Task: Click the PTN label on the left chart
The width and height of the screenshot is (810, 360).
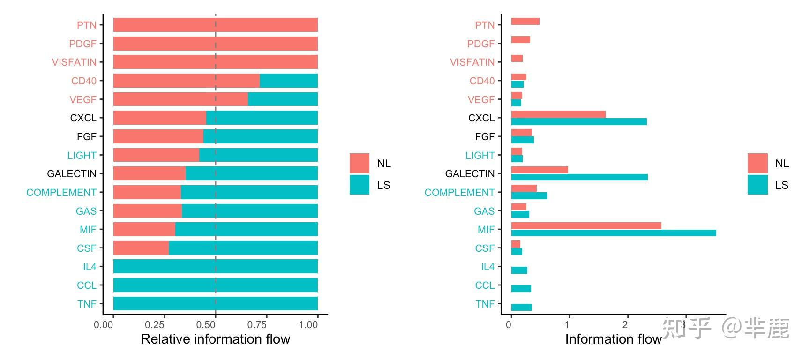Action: (x=86, y=25)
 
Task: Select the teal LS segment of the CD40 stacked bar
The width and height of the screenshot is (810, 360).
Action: (x=288, y=81)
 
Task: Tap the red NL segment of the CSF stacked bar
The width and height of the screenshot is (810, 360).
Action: (x=141, y=248)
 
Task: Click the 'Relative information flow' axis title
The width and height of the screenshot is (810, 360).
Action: (x=215, y=339)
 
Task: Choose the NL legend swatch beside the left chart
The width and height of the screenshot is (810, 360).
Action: (x=360, y=163)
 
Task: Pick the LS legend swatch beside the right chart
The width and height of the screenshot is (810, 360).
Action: (x=757, y=185)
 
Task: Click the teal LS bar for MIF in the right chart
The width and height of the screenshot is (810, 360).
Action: (x=613, y=233)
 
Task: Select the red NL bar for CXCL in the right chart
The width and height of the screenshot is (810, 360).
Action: (x=558, y=114)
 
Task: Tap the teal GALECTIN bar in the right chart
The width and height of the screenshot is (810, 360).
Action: (x=579, y=177)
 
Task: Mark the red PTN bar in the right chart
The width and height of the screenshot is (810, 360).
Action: (x=525, y=21)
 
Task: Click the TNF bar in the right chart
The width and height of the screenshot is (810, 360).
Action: (x=521, y=307)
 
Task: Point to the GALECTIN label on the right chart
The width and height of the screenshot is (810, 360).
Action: (x=470, y=174)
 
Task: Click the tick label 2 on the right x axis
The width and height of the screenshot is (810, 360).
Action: (x=625, y=325)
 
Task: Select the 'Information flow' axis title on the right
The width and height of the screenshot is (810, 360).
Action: (x=613, y=339)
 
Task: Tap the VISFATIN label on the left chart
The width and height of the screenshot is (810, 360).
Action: (x=74, y=62)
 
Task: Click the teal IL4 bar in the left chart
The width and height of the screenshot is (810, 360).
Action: (x=215, y=266)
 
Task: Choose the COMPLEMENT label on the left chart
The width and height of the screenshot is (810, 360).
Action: (x=61, y=193)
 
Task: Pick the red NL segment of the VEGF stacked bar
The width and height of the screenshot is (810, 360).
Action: (x=180, y=99)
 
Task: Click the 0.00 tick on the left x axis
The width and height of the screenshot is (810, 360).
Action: (x=104, y=325)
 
